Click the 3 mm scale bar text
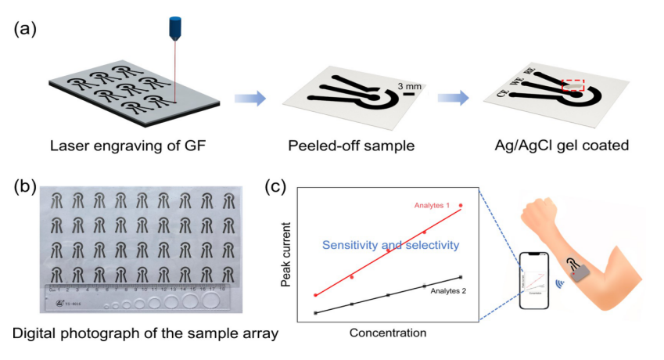[x=410, y=85]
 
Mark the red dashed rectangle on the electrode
[x=572, y=85]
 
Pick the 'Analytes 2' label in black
[x=443, y=290]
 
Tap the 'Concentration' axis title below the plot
[x=388, y=333]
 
